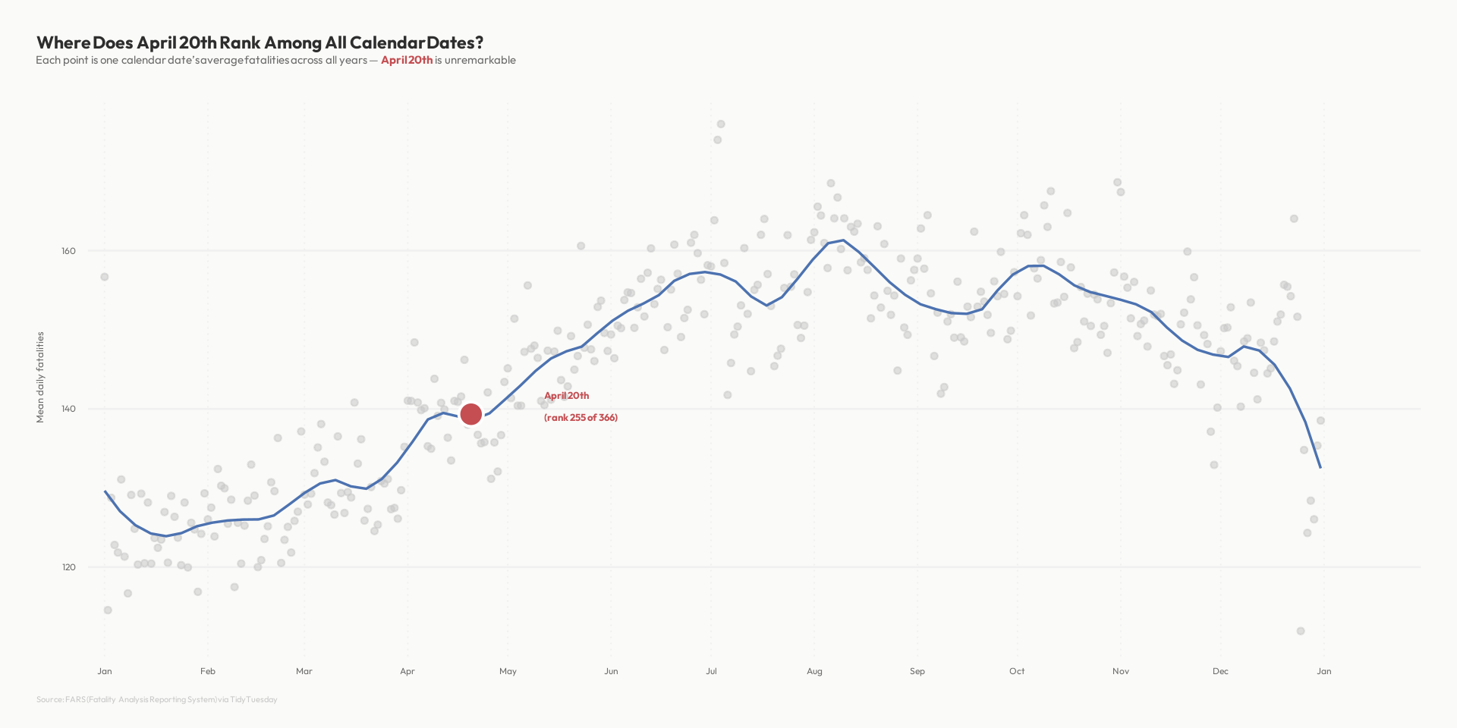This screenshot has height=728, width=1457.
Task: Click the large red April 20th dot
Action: (x=470, y=414)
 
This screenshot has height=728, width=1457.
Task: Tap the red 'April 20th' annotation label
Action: (x=566, y=396)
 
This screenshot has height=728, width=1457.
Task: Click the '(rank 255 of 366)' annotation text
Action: (x=581, y=418)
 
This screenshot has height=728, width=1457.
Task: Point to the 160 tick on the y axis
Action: (x=68, y=251)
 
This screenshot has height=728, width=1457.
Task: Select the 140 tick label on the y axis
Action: (x=68, y=409)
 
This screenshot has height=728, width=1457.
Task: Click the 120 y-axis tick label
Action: (x=68, y=567)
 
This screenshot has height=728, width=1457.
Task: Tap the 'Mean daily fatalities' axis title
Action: (x=41, y=377)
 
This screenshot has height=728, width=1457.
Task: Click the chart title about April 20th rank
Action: (x=260, y=42)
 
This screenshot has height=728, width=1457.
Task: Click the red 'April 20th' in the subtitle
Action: (x=407, y=61)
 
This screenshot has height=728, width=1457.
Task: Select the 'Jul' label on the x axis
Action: (x=711, y=671)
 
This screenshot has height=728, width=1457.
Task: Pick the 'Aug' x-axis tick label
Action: (x=814, y=671)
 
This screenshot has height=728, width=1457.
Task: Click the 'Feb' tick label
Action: (x=208, y=671)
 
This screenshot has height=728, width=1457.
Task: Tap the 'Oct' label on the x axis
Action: (x=1017, y=671)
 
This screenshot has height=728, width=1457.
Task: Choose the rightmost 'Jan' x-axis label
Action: (x=1323, y=671)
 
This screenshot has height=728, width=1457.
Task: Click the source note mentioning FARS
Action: (x=157, y=699)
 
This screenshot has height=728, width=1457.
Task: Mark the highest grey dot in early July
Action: (x=721, y=124)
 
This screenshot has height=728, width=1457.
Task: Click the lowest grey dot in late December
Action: (x=1301, y=631)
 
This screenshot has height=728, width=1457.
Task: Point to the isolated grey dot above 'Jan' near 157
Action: (x=105, y=277)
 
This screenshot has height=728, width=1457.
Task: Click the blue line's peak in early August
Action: (x=843, y=240)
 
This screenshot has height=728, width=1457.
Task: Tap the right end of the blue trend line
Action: (x=1320, y=467)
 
